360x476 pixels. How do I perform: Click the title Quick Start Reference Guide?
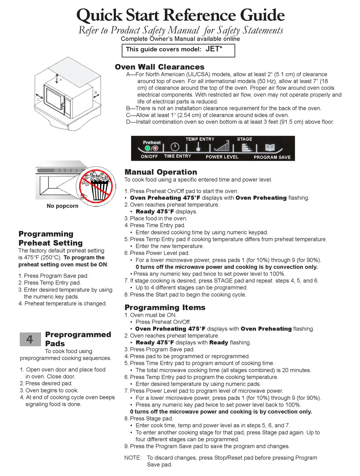(x=180, y=15)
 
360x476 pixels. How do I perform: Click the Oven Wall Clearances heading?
(x=160, y=67)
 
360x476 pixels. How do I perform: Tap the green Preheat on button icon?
(x=147, y=148)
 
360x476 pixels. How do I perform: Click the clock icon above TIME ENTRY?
(x=175, y=147)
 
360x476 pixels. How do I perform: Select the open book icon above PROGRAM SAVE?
(x=270, y=148)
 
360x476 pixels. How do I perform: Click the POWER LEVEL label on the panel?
(x=222, y=157)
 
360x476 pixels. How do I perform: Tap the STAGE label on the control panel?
(x=244, y=139)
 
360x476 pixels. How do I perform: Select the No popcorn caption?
(x=63, y=206)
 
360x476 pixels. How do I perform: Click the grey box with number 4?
(x=30, y=339)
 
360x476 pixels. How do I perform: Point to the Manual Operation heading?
(x=161, y=172)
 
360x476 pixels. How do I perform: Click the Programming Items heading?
(x=165, y=308)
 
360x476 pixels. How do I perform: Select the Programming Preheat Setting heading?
(x=50, y=239)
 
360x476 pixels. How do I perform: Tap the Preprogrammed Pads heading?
(x=78, y=339)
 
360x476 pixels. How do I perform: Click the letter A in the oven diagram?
(x=60, y=79)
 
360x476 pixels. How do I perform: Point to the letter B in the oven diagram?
(x=96, y=92)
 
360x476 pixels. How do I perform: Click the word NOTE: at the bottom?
(x=132, y=458)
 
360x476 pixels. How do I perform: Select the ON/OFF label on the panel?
(x=149, y=156)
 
